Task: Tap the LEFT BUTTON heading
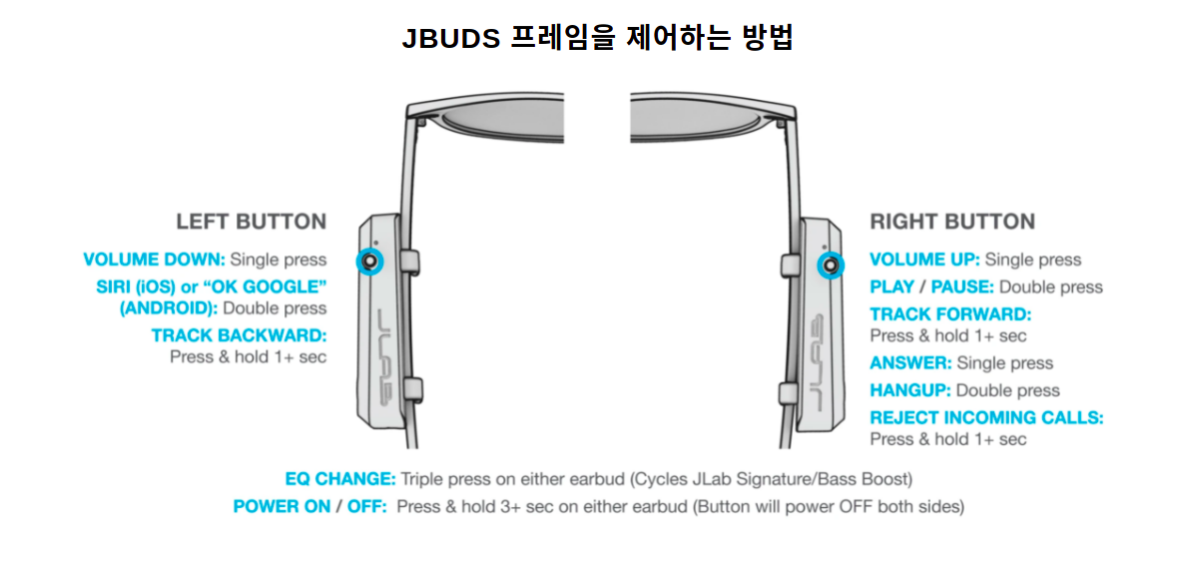(x=251, y=222)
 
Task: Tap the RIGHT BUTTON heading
(x=952, y=222)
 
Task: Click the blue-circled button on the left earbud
(x=371, y=262)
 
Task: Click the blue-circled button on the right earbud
(x=830, y=265)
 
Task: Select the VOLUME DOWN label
(x=154, y=260)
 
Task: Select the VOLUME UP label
(x=924, y=260)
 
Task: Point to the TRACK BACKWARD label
(x=239, y=335)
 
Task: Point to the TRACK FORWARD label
(x=949, y=314)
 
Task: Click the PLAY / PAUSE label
(x=931, y=288)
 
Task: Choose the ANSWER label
(x=910, y=363)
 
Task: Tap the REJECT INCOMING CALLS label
(x=986, y=418)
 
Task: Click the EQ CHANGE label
(x=340, y=479)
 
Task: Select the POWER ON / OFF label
(x=308, y=506)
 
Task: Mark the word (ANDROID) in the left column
(x=167, y=308)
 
